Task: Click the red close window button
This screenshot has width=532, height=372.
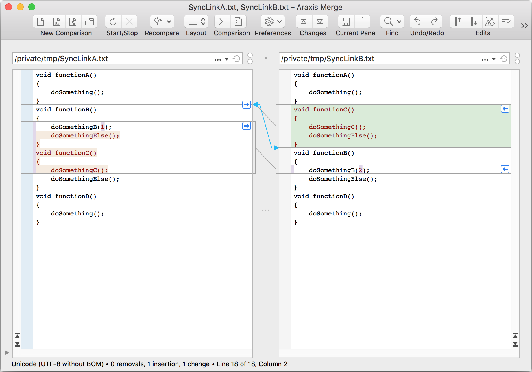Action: coord(9,7)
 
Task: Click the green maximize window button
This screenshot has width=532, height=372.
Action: coord(32,7)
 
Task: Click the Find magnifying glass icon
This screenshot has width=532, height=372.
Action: coord(388,21)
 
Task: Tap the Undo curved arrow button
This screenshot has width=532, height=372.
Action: coord(418,21)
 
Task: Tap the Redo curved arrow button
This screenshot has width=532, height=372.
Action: coord(434,21)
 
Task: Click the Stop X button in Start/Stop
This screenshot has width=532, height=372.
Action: coord(129,21)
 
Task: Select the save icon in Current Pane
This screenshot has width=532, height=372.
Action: coord(346,21)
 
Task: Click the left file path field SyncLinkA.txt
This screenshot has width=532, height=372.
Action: coord(113,59)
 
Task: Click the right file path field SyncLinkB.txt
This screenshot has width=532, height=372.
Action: coord(379,59)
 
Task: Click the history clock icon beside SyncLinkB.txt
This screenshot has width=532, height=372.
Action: coord(504,59)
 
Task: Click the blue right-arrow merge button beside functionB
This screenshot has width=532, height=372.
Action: coord(246,105)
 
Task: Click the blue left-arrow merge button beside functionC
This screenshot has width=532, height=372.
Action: coord(505,109)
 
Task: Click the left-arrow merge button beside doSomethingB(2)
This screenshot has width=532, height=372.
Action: coord(505,169)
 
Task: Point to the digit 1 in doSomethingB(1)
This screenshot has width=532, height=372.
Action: coord(102,127)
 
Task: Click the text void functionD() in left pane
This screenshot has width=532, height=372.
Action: coord(66,196)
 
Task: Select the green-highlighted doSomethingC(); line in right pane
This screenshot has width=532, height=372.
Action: coord(337,127)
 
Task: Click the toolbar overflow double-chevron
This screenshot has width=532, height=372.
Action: coord(524,26)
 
